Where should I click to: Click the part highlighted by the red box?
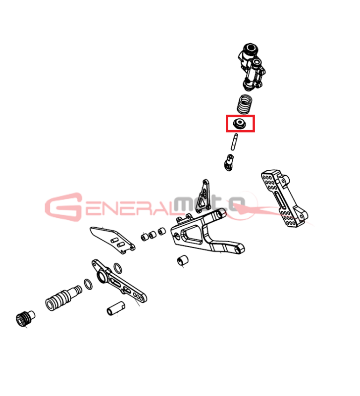click(239, 124)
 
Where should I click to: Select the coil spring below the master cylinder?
click(244, 104)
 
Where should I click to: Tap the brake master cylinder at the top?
click(251, 67)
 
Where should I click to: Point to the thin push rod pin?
click(234, 142)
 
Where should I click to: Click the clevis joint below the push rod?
click(229, 163)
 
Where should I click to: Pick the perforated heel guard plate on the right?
click(284, 198)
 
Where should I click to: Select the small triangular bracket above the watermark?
click(204, 196)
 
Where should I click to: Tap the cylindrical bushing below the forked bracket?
click(183, 260)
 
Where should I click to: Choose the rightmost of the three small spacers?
click(162, 231)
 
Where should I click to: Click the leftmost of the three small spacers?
click(145, 237)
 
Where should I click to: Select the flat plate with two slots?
click(112, 240)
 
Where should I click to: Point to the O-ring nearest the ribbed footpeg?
click(88, 284)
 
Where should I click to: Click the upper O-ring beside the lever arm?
click(118, 268)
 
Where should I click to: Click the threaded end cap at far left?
click(25, 319)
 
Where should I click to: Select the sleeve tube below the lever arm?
click(116, 308)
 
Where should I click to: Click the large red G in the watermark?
click(63, 207)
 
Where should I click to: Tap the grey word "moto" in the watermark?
click(209, 204)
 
